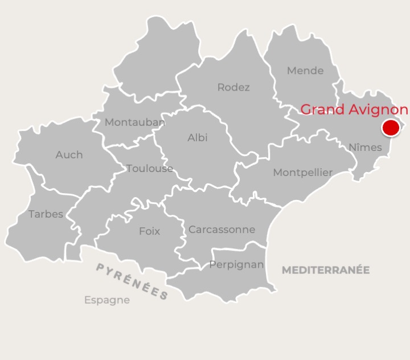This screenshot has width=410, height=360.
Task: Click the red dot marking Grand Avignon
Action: (391, 128)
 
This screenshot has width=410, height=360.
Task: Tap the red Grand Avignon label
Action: (354, 109)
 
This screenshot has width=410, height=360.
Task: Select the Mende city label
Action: (305, 71)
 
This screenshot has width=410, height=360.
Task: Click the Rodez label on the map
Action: (233, 87)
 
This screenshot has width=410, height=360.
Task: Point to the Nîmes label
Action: (365, 147)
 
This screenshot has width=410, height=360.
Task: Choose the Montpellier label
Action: (302, 172)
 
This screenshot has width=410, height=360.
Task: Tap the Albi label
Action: (198, 137)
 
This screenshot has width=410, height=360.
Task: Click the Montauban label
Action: (135, 122)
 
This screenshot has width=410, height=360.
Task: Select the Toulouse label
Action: (150, 168)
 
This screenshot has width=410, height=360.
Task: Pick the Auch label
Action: (69, 154)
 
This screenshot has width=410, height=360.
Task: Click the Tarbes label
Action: (46, 214)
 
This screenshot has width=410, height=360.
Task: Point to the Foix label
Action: (149, 231)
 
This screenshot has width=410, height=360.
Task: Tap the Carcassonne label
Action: (222, 230)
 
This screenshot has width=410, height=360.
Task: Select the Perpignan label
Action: (236, 264)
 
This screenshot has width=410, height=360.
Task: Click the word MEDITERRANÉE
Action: (326, 270)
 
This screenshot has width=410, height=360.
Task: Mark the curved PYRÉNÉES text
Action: (132, 281)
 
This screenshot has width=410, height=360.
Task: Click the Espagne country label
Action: (107, 300)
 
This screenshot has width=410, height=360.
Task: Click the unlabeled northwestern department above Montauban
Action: (157, 63)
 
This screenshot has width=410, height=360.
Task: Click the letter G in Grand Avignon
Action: (306, 109)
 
